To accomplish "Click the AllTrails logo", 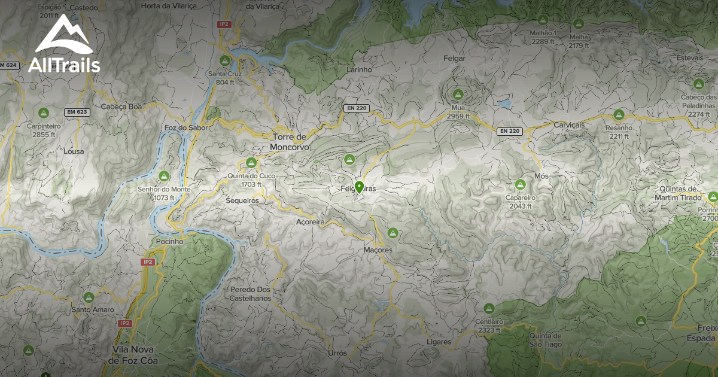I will [64, 45].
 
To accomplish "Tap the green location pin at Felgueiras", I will [359, 187].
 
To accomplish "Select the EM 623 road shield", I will [77, 112].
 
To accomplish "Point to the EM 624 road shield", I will [8, 65].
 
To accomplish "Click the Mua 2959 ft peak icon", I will [458, 94].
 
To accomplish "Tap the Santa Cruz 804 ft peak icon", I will [225, 60].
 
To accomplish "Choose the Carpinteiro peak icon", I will [44, 112].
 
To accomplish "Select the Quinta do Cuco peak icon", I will [251, 162].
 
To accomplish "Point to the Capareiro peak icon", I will [520, 184].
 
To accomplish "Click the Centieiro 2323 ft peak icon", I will [489, 308].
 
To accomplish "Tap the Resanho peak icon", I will [619, 114].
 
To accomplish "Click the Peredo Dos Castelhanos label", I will [251, 293].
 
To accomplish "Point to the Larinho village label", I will [359, 69].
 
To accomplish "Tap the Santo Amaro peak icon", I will [89, 297].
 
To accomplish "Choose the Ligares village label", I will [439, 342].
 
